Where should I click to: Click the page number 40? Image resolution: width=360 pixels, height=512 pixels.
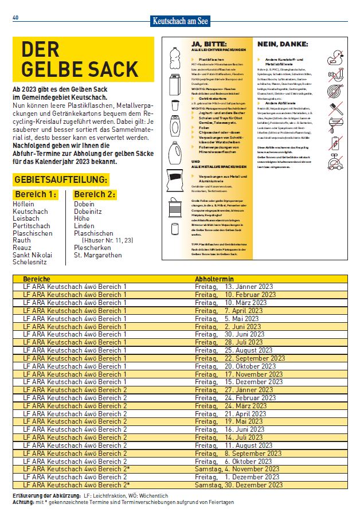(x=15, y=18)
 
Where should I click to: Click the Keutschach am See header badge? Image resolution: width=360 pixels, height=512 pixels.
(x=181, y=21)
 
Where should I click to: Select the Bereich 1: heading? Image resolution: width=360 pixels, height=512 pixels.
(x=36, y=194)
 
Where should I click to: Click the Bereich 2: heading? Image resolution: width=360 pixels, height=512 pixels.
(x=95, y=194)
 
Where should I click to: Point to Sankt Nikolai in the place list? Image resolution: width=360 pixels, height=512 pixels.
(x=32, y=255)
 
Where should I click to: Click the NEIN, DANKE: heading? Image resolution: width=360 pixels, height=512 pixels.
(x=283, y=44)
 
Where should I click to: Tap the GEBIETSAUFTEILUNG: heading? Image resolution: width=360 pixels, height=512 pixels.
(x=60, y=180)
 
